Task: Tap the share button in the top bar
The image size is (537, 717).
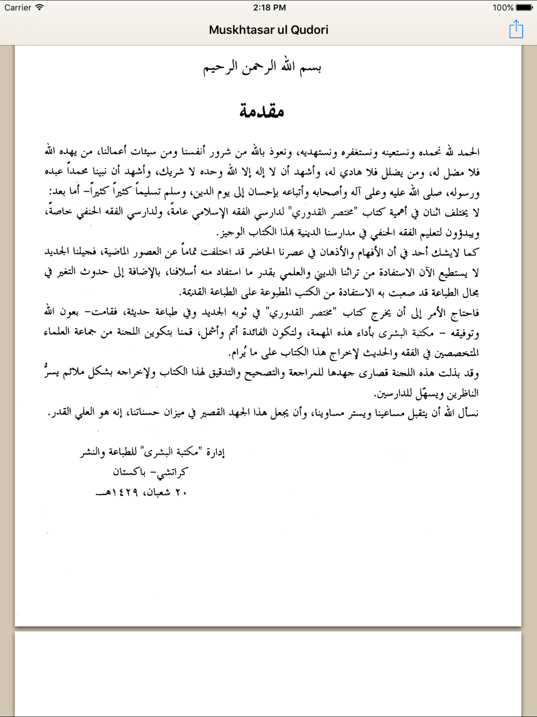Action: click(516, 30)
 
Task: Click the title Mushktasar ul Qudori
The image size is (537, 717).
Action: click(268, 30)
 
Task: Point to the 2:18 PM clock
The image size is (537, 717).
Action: click(269, 8)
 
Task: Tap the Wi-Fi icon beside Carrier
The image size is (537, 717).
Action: click(40, 8)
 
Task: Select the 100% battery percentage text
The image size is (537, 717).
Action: click(503, 8)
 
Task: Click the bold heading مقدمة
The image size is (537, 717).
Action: click(262, 111)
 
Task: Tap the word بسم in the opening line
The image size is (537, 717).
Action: click(310, 68)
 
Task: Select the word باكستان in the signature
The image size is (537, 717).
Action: click(128, 472)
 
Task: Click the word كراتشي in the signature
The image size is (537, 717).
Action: click(174, 472)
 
